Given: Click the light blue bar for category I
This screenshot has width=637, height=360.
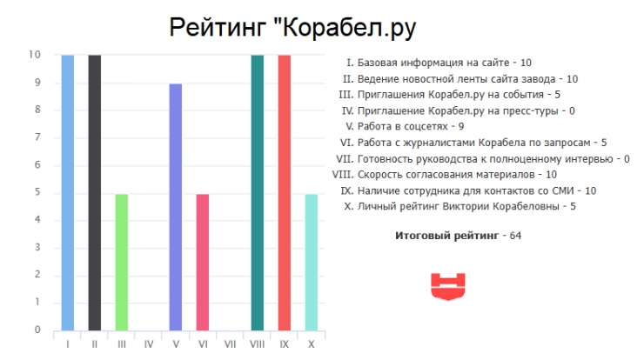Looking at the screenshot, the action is pyautogui.click(x=67, y=193).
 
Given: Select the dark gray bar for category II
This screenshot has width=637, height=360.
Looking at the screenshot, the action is pyautogui.click(x=95, y=193).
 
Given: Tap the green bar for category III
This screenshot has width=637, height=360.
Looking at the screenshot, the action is pyautogui.click(x=122, y=263).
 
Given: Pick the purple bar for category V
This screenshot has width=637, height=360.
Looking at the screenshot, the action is pyautogui.click(x=176, y=207).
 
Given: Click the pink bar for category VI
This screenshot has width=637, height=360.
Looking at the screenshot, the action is pyautogui.click(x=203, y=263).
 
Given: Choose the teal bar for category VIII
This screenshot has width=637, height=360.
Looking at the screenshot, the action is pyautogui.click(x=258, y=193).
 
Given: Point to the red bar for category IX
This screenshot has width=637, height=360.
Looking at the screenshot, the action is pyautogui.click(x=285, y=193).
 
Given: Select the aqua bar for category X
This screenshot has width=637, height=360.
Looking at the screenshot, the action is pyautogui.click(x=312, y=263).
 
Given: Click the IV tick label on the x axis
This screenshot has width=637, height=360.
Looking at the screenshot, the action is pyautogui.click(x=149, y=344).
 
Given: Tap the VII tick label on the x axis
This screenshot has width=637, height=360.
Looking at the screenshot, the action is pyautogui.click(x=230, y=344).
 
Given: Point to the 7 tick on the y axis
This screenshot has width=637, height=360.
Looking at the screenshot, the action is pyautogui.click(x=37, y=137).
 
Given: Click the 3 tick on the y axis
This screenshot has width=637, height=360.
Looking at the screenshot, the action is pyautogui.click(x=37, y=247).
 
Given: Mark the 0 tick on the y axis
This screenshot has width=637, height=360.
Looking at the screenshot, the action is pyautogui.click(x=37, y=330).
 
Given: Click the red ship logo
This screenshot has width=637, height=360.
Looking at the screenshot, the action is pyautogui.click(x=448, y=287).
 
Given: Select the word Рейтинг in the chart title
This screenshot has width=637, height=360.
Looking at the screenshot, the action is pyautogui.click(x=218, y=29).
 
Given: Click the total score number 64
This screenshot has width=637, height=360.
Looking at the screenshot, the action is pyautogui.click(x=515, y=236).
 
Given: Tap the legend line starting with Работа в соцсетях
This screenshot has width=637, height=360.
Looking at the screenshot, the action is pyautogui.click(x=405, y=127).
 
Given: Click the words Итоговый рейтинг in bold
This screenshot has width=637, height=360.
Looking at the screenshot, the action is pyautogui.click(x=447, y=236).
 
